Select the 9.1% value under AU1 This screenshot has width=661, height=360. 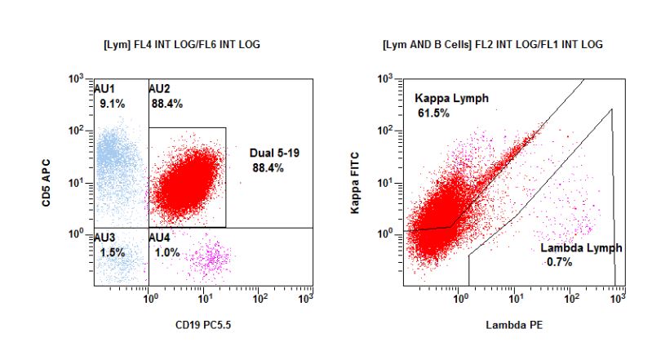click(112, 104)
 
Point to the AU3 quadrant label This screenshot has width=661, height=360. click(105, 238)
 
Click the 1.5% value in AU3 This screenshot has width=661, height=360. click(112, 253)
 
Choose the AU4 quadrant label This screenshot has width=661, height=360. click(161, 238)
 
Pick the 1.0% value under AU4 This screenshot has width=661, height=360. click(166, 253)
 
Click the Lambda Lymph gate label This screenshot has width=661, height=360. click(581, 247)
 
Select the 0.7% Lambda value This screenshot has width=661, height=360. click(560, 262)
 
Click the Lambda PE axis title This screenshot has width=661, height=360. click(513, 325)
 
